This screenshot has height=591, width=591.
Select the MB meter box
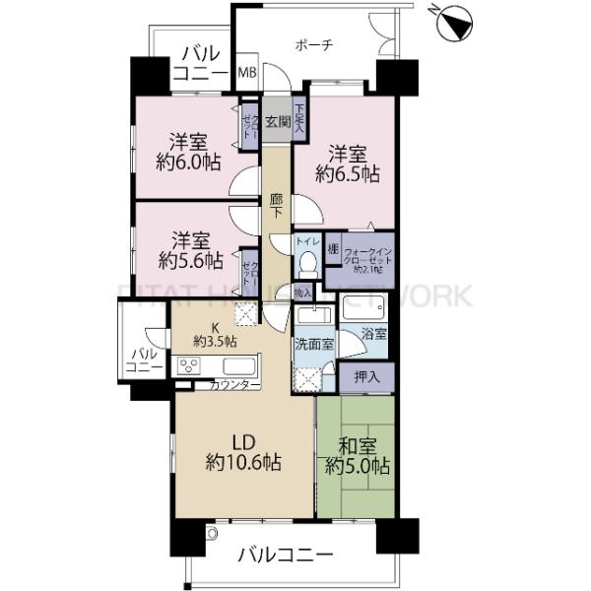pyautogui.click(x=249, y=73)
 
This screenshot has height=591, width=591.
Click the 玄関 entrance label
pyautogui.click(x=277, y=123)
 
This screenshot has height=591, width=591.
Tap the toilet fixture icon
pyautogui.click(x=307, y=263)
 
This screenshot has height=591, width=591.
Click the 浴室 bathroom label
pyautogui.click(x=373, y=333)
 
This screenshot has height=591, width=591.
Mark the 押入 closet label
pyautogui.click(x=366, y=375)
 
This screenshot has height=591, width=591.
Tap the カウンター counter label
pyautogui.click(x=234, y=385)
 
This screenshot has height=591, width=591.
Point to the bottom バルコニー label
pyautogui.click(x=286, y=558)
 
